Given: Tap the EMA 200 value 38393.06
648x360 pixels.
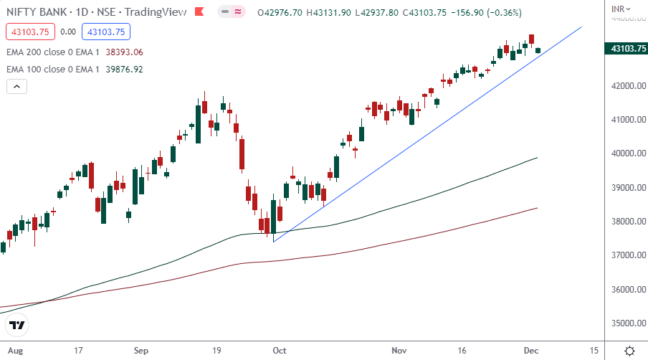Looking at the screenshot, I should coord(124,52).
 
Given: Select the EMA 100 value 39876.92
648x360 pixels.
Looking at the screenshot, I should coord(124,70).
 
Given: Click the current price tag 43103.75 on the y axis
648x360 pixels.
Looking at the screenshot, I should coord(625,49).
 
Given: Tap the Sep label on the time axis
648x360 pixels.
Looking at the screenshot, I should coord(140,351).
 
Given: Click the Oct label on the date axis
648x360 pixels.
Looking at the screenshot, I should coord(279,351).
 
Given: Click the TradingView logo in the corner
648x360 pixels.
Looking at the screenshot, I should coord(17,325).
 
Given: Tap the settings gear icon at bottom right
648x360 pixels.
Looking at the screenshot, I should coord(629,351).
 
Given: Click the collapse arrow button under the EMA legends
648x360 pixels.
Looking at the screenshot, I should coord(17,87).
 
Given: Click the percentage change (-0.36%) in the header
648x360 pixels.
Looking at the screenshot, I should coord(500,13).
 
